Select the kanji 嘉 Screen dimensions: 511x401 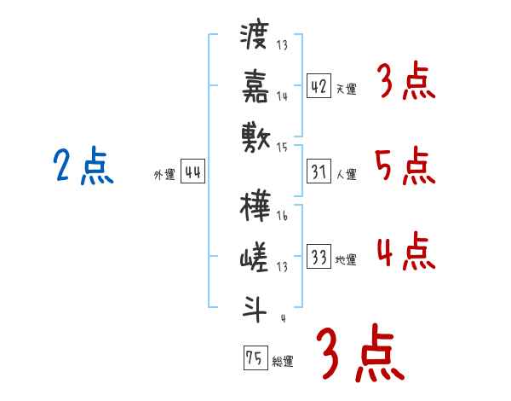255,85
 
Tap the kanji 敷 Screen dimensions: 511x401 255,135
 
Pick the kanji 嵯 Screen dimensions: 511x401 255,257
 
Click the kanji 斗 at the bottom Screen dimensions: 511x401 255,305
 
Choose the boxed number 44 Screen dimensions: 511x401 192,172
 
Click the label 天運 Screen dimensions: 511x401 347,89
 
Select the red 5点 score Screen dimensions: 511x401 405,166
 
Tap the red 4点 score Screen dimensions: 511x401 405,252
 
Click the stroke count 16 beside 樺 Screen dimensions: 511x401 282,217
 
